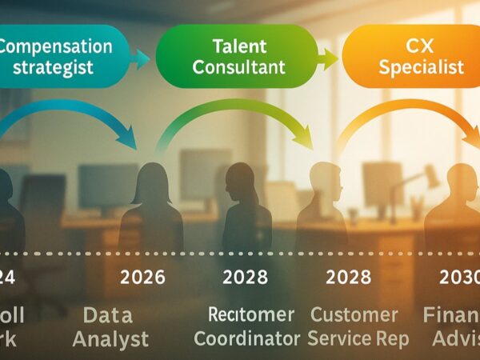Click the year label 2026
pos(142,278)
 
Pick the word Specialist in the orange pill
pos(422,66)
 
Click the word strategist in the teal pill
pos(54,67)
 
